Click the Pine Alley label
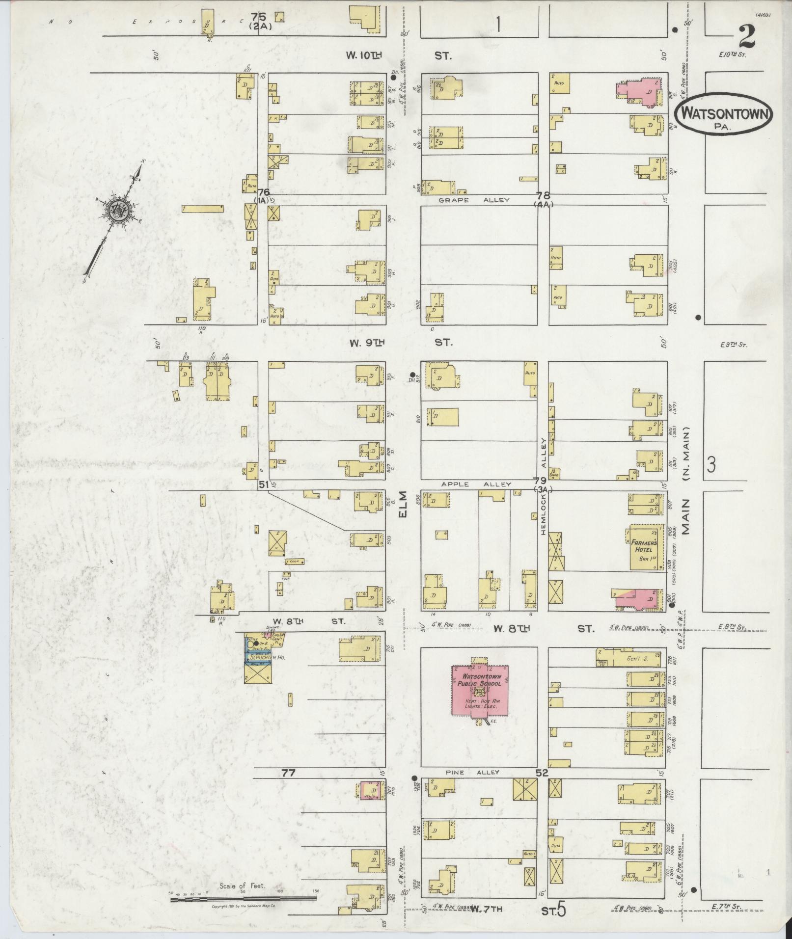473,772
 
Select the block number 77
288,773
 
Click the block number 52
542,773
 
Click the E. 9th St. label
734,345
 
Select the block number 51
264,484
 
